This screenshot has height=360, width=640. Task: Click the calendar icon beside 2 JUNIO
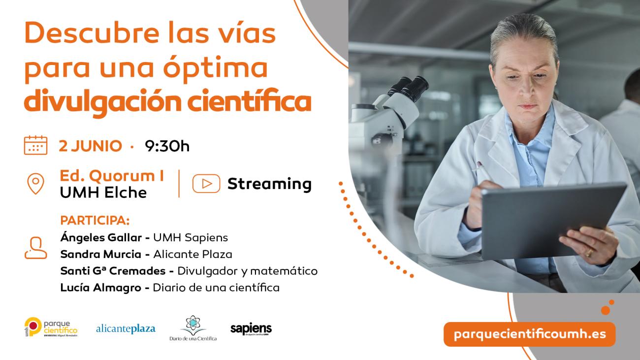(x=35, y=145)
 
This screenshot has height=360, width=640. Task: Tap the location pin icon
(x=35, y=184)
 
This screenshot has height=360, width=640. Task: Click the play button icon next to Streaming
(x=206, y=184)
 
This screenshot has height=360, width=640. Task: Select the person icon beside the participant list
(x=35, y=248)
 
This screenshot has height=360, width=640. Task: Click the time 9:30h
(x=167, y=146)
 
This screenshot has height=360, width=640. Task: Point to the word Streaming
(x=269, y=184)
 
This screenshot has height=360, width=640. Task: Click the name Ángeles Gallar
(x=102, y=237)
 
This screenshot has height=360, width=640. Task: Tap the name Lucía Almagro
(x=100, y=288)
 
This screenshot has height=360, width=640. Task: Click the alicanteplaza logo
(x=126, y=328)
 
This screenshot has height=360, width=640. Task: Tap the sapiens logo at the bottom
(x=251, y=329)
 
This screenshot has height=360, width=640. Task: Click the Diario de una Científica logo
(x=192, y=328)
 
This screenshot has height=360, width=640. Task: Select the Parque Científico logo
(x=51, y=327)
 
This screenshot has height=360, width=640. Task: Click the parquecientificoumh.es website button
(x=529, y=334)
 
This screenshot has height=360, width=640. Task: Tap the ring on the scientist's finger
(x=589, y=252)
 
